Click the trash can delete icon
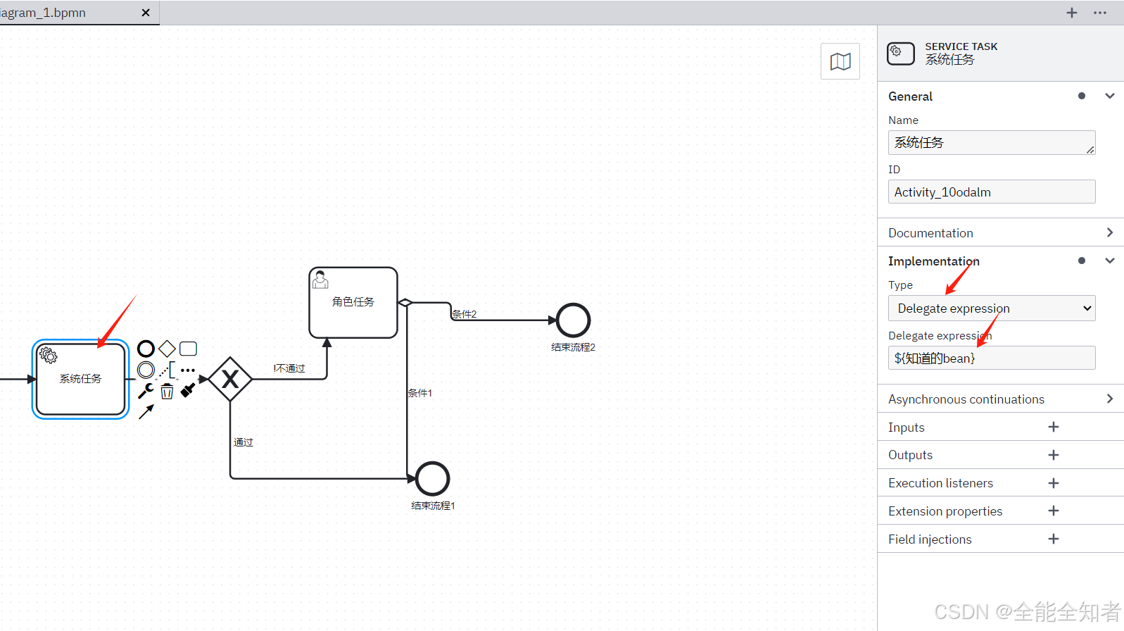(167, 391)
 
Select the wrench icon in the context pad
(146, 391)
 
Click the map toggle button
(840, 61)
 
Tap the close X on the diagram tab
(146, 13)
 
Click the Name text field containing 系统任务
(991, 142)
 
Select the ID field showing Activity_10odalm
(991, 192)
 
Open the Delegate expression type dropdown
(991, 308)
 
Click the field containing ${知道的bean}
(991, 358)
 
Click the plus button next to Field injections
(1053, 539)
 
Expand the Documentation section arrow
(1109, 232)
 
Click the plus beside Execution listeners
(1053, 483)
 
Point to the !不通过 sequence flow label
(289, 368)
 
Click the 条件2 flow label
(464, 314)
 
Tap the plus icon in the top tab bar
(1071, 13)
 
